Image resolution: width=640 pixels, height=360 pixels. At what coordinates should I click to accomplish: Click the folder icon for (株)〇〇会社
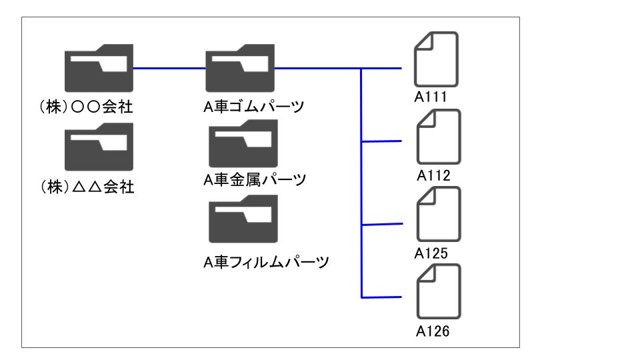pyautogui.click(x=99, y=68)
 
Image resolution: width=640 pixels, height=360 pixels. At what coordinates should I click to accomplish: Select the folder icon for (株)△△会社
pyautogui.click(x=99, y=147)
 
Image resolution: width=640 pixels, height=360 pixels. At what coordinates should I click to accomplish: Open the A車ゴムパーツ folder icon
pyautogui.click(x=240, y=68)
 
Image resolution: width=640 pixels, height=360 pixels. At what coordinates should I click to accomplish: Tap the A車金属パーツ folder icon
pyautogui.click(x=243, y=144)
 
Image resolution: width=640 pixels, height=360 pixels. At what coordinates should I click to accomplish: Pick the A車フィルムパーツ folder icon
pyautogui.click(x=243, y=219)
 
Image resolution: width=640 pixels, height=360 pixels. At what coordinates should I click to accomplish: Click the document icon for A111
pyautogui.click(x=436, y=59)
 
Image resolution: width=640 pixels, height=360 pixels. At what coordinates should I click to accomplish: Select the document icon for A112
pyautogui.click(x=439, y=137)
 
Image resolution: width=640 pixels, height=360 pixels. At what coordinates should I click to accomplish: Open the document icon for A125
pyautogui.click(x=439, y=214)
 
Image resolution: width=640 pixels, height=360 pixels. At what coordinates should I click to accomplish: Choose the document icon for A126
pyautogui.click(x=439, y=291)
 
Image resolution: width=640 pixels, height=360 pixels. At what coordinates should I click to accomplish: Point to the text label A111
pyautogui.click(x=431, y=97)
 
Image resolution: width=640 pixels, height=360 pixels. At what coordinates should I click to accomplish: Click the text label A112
pyautogui.click(x=433, y=175)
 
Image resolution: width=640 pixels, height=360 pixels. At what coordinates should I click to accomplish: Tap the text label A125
pyautogui.click(x=431, y=253)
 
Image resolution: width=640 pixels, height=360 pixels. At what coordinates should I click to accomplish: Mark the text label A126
pyautogui.click(x=433, y=331)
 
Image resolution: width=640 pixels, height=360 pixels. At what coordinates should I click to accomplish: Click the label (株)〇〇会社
pyautogui.click(x=86, y=107)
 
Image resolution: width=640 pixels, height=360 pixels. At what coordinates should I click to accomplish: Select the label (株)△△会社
pyautogui.click(x=87, y=187)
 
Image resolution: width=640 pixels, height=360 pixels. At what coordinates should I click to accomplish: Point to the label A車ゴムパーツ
pyautogui.click(x=254, y=107)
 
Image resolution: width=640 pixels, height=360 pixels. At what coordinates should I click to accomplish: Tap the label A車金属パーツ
pyautogui.click(x=255, y=179)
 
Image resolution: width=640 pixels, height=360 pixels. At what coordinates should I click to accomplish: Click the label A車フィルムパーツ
pyautogui.click(x=266, y=262)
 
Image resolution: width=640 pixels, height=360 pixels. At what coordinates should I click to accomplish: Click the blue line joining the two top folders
pyautogui.click(x=169, y=68)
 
